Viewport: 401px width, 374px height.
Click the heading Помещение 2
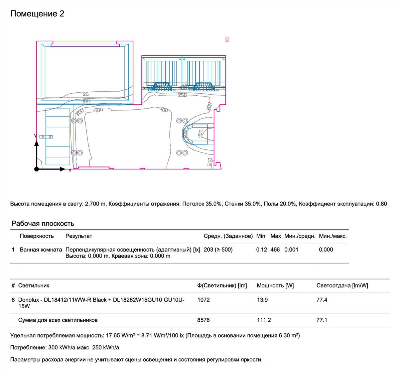pyautogui.click(x=37, y=14)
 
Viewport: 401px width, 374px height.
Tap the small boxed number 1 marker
pyautogui.click(x=227, y=39)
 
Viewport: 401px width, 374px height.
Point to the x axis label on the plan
pyautogui.click(x=70, y=170)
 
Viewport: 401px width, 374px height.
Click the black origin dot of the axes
pyautogui.click(x=36, y=169)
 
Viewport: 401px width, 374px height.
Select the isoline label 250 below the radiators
pyautogui.click(x=182, y=95)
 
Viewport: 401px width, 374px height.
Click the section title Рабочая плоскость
pyautogui.click(x=43, y=224)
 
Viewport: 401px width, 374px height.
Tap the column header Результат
pyautogui.click(x=79, y=236)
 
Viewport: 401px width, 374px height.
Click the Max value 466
pyautogui.click(x=275, y=250)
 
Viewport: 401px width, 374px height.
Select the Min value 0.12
pyautogui.click(x=261, y=250)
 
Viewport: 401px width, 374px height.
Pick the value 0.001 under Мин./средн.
pyautogui.click(x=291, y=250)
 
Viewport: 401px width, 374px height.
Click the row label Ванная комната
pyautogui.click(x=41, y=250)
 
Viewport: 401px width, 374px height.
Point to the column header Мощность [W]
pyautogui.click(x=275, y=286)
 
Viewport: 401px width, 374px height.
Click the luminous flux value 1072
pyautogui.click(x=204, y=300)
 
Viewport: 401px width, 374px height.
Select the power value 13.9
pyautogui.click(x=262, y=300)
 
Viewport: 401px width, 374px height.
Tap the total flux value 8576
pyautogui.click(x=204, y=320)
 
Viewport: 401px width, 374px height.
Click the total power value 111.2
pyautogui.click(x=264, y=320)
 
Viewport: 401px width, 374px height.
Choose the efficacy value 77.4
pyautogui.click(x=322, y=300)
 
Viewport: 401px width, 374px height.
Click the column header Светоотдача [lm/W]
pyautogui.click(x=342, y=286)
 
